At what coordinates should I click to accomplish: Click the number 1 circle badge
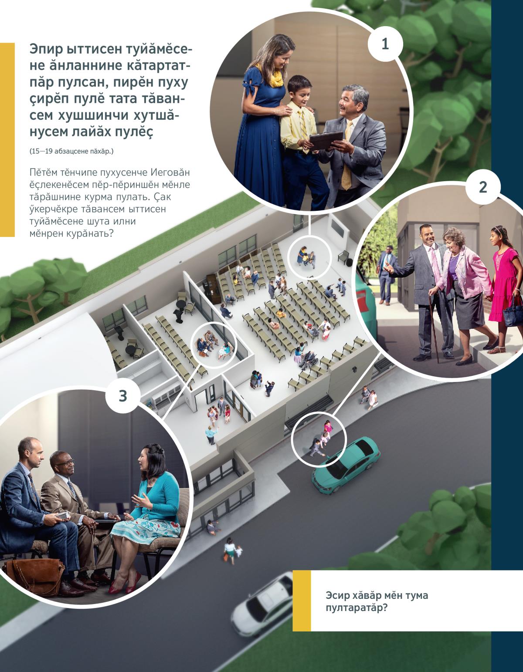385,44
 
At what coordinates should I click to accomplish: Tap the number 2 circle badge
483,187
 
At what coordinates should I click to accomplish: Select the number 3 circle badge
123,396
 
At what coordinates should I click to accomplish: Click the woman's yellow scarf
274,76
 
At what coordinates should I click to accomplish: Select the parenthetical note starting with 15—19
71,152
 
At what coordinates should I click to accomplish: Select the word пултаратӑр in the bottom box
357,608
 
